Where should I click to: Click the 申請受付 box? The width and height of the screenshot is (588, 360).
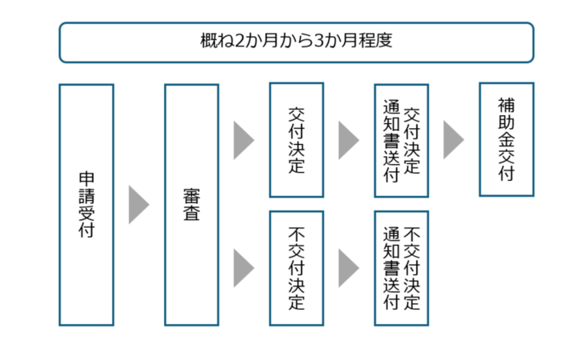pos(86,205)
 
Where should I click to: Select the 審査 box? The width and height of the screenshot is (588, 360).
pos(191,205)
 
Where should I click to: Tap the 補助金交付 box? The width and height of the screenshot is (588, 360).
pos(506,139)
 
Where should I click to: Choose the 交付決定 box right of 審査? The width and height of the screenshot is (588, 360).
pos(296,140)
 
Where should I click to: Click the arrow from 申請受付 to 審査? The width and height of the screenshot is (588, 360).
pos(138,205)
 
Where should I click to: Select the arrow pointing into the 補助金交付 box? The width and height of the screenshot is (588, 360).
pos(453,140)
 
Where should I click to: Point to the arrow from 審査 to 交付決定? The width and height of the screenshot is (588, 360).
pos(243,140)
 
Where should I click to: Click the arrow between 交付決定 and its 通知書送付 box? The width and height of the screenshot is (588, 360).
pos(348,140)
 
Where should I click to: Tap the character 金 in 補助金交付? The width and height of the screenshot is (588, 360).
pos(506,139)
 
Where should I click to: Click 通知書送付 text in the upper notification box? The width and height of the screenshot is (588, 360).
pos(391,140)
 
